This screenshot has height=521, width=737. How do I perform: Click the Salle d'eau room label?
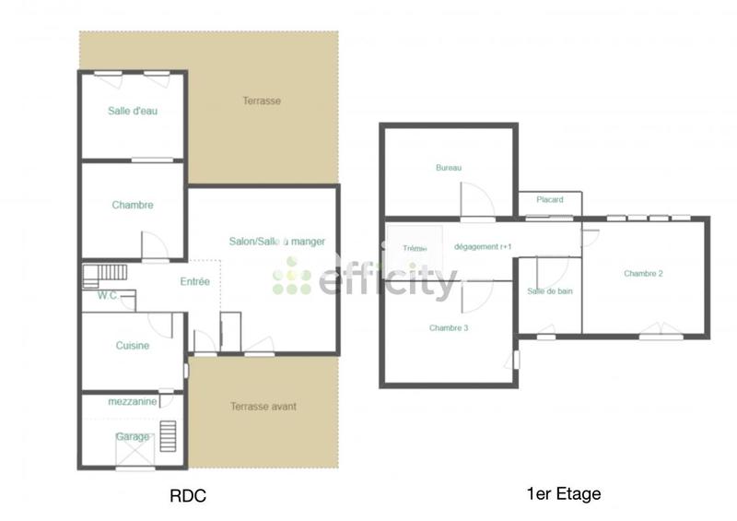[131, 111]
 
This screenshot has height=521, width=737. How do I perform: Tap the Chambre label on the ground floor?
[133, 205]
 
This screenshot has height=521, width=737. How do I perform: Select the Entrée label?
[194, 281]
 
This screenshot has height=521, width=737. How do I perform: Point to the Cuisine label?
[133, 346]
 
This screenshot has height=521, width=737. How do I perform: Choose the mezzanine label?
[131, 402]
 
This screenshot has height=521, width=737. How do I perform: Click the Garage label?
[133, 436]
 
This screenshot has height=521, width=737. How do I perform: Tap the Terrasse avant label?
[263, 406]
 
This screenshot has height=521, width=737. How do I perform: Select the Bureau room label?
[449, 168]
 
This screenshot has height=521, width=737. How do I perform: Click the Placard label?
[550, 199]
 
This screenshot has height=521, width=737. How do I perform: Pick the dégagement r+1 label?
[483, 247]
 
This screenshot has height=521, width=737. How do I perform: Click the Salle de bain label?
[550, 291]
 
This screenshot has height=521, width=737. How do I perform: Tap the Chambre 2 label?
[644, 273]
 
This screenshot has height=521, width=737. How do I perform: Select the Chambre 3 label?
[449, 327]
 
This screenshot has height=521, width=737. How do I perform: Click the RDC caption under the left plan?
[188, 496]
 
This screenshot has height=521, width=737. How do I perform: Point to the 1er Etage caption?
[563, 494]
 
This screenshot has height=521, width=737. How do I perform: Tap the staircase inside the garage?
[167, 435]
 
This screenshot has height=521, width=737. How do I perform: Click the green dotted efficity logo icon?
[292, 276]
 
